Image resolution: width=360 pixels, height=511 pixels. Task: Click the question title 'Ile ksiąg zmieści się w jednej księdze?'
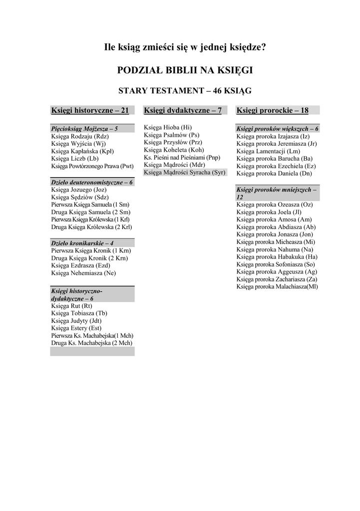185,48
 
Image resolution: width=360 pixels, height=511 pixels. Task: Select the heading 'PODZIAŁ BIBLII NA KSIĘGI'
185,70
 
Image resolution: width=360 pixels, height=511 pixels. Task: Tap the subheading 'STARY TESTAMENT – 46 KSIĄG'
185,91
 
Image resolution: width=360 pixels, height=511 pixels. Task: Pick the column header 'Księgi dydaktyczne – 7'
182,110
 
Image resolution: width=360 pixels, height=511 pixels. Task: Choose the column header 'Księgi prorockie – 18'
272,110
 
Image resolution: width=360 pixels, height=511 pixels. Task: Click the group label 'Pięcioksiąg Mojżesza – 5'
84,129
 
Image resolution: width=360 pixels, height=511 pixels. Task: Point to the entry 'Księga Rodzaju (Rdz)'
80,136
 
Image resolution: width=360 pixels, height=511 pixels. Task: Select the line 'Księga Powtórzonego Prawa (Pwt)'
92,166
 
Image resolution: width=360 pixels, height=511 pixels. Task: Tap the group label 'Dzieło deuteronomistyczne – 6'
92,182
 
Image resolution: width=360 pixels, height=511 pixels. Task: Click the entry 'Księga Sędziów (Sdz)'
79,197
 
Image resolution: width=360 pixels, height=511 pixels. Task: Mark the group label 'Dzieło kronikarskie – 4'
82,243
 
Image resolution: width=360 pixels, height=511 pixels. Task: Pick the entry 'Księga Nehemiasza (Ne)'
83,273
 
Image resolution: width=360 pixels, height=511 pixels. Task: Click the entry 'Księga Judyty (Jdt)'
76,320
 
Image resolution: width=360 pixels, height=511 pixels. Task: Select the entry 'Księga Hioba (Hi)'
167,127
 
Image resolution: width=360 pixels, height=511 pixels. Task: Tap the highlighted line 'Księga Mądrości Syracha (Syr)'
185,172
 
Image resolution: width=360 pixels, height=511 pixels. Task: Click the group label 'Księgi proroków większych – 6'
277,129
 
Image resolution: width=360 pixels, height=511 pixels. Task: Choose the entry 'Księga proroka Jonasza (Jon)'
275,234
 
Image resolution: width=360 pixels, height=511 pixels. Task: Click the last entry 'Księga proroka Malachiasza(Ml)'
277,286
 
